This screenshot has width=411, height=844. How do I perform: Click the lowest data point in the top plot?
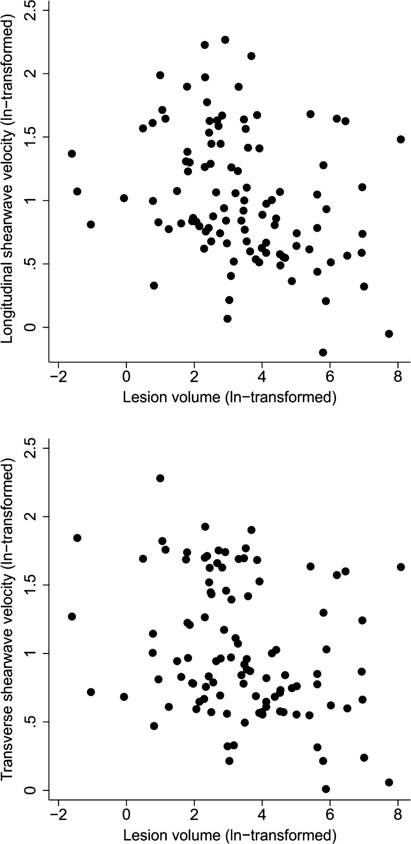pos(323,352)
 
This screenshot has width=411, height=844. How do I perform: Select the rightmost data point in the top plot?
pos(401,139)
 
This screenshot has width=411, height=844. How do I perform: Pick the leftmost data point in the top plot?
pos(72,154)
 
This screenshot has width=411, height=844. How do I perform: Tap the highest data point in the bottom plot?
pos(160,478)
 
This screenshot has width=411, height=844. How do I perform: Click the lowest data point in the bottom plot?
pos(326,789)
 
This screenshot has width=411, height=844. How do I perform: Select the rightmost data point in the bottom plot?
pos(401,566)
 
